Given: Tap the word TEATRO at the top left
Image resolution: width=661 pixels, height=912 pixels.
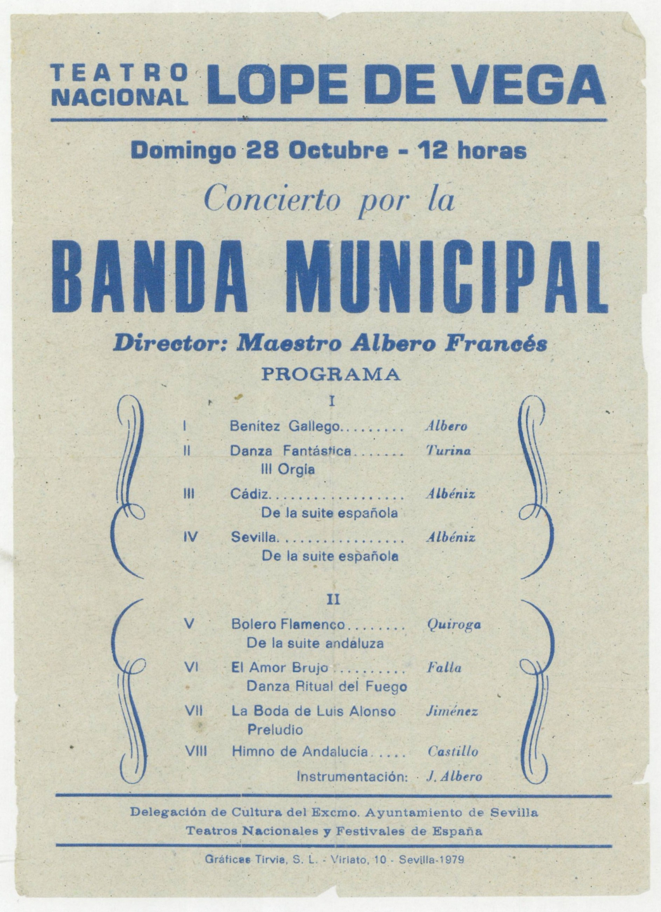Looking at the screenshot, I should [120, 73].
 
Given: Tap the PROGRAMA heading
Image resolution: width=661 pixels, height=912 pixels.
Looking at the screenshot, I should [331, 374].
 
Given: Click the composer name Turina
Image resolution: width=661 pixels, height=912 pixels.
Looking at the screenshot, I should [448, 451].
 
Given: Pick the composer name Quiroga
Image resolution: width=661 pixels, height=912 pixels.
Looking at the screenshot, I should [454, 624].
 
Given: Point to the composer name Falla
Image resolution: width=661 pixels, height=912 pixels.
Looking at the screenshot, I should [444, 668].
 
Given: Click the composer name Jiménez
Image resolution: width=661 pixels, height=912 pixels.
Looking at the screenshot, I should [452, 711].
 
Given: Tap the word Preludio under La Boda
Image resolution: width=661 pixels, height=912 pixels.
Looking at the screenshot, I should [275, 730].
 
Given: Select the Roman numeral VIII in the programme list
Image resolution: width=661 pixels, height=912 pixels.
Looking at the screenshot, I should [196, 752].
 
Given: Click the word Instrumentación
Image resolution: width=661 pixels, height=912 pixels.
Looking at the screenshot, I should [352, 776].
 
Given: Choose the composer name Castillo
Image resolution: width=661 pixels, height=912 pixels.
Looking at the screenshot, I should [453, 752].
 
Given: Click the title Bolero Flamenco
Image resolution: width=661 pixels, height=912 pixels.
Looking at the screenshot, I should [288, 624].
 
